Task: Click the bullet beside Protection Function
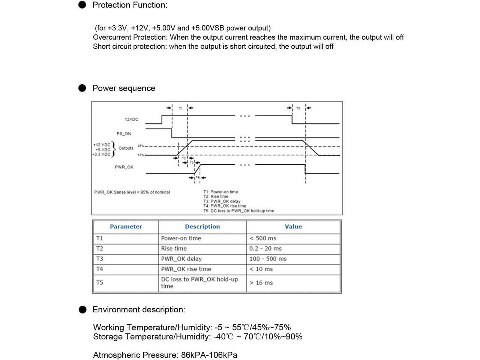tap(82, 5)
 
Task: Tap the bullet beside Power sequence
tap(82, 88)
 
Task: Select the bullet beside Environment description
tap(82, 309)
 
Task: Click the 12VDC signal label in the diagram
tap(131, 119)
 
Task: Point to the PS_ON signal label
tap(124, 133)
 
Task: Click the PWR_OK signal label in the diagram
tap(124, 167)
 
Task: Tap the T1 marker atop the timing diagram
tap(180, 108)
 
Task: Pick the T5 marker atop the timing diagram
tap(298, 108)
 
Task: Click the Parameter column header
tap(126, 226)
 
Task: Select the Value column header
tap(293, 226)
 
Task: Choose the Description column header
tap(202, 226)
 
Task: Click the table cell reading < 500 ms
tap(263, 238)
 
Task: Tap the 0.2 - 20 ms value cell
tap(265, 248)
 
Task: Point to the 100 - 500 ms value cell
tap(268, 259)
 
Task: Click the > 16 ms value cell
tap(261, 283)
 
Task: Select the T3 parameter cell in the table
tap(100, 259)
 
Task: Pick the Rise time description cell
tap(174, 248)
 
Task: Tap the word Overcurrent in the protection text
tap(111, 37)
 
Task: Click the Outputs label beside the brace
tap(126, 148)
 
